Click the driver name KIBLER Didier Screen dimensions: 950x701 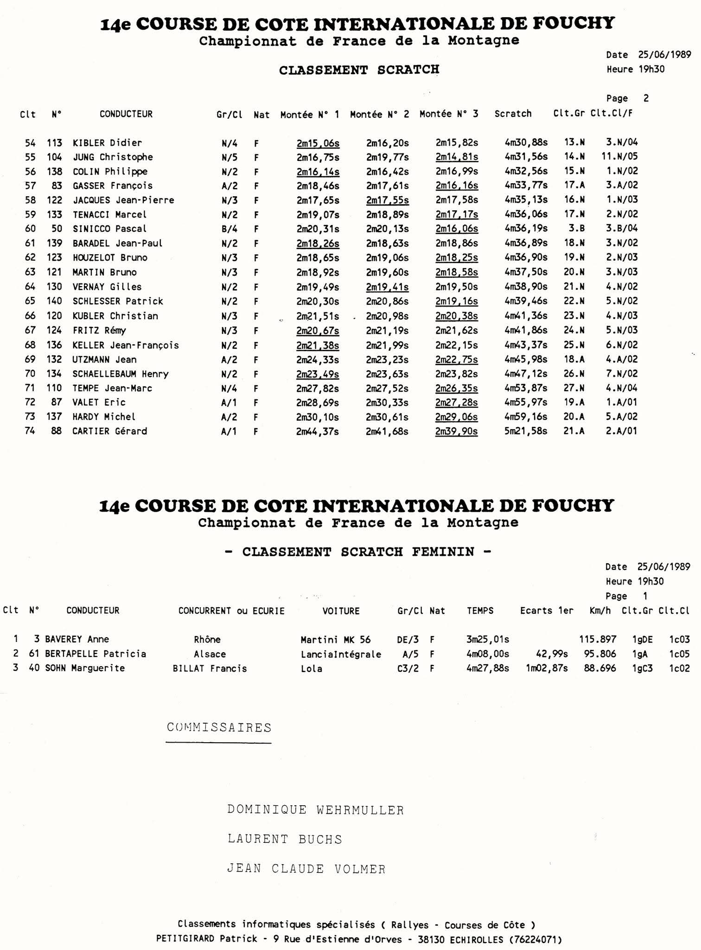pos(107,143)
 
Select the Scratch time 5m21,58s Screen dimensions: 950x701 pos(526,431)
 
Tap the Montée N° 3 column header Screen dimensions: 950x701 pos(449,114)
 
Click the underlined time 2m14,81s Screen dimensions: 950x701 pos(457,157)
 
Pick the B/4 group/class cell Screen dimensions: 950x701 pos(229,229)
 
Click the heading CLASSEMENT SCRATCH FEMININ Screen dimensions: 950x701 pos(358,552)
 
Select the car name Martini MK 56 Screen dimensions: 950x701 pos(336,640)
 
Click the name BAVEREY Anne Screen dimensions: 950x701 pos(77,639)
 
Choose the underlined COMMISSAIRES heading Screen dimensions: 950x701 pos(219,727)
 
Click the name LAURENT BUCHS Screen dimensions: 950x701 pos(285,839)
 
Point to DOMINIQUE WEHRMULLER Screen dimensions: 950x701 pos(315,810)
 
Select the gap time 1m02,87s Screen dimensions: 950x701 pos(547,668)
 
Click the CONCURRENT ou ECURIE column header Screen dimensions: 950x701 pos(231,611)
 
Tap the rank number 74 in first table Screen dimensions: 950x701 pos(30,431)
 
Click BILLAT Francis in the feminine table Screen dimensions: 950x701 pos(210,668)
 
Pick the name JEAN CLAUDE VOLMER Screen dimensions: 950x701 pos(306,868)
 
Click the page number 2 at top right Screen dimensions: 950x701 pos(646,98)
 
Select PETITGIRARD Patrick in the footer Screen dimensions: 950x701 pos(206,939)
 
